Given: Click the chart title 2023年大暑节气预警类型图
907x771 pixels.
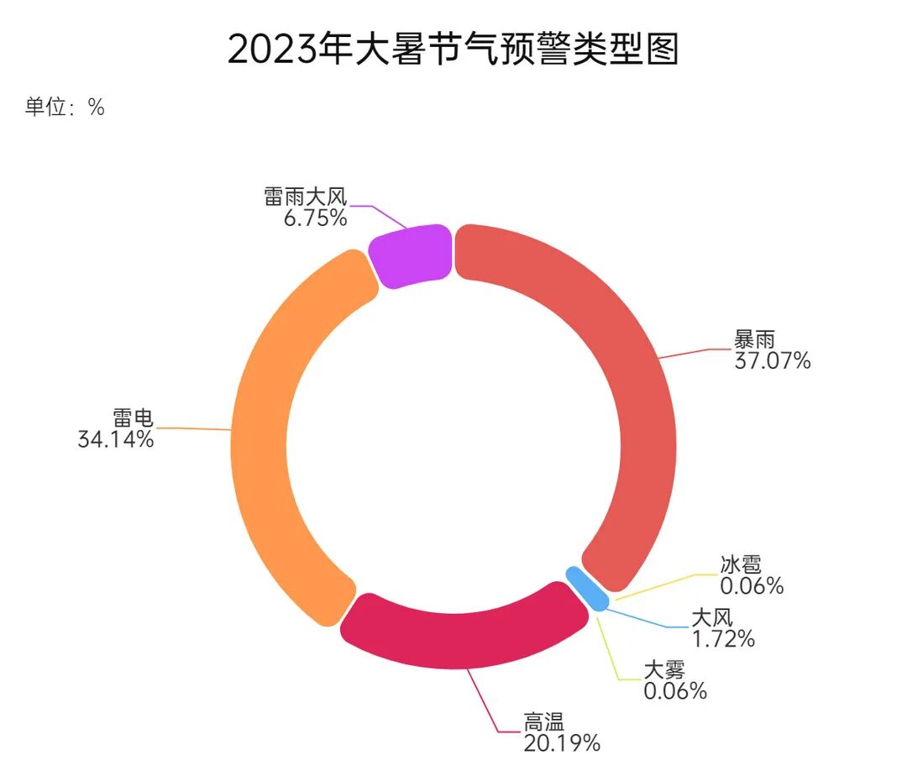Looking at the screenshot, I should click(x=453, y=50).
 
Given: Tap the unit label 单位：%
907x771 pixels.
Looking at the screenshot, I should click(x=65, y=108).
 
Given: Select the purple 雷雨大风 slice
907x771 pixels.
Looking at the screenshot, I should click(x=411, y=255).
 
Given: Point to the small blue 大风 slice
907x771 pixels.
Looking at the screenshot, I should click(x=587, y=588).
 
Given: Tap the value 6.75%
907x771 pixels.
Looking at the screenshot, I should click(x=315, y=218).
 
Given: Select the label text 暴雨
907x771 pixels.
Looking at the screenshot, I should click(x=753, y=340).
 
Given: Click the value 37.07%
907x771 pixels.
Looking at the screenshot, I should click(x=772, y=361).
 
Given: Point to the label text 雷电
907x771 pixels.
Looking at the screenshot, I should click(x=134, y=417).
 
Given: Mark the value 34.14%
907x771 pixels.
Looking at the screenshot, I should click(x=116, y=438).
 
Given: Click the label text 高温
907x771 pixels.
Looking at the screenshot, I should click(x=544, y=721).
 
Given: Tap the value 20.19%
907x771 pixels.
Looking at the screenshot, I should click(x=562, y=742).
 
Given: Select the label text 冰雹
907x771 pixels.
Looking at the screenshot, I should click(x=741, y=564).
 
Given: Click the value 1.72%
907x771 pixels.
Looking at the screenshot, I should click(x=723, y=638).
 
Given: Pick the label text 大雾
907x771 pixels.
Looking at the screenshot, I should click(x=664, y=669).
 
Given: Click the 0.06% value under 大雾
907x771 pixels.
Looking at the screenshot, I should click(x=675, y=690).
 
